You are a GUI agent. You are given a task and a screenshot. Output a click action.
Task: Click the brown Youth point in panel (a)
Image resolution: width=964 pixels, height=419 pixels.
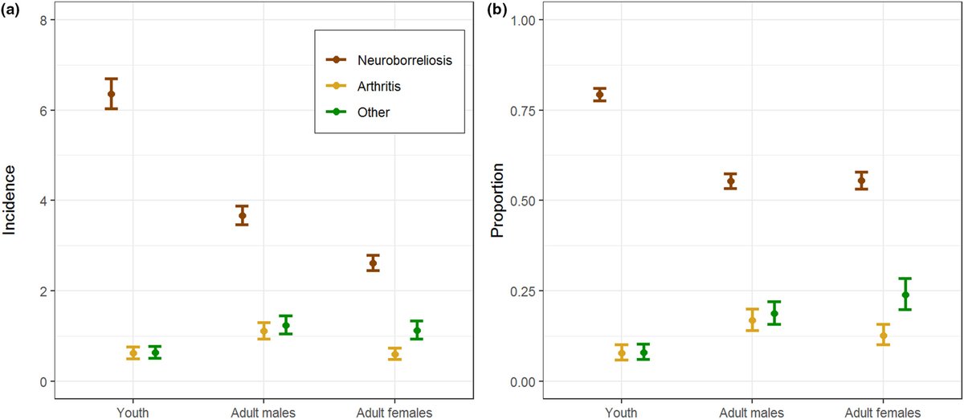pyautogui.click(x=111, y=94)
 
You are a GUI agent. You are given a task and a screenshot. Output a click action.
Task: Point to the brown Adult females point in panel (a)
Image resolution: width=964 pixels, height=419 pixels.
pyautogui.click(x=373, y=262)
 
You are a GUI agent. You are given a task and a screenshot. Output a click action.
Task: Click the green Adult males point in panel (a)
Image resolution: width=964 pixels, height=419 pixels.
pyautogui.click(x=285, y=325)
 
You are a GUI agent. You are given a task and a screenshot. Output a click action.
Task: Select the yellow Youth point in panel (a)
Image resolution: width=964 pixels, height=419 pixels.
pyautogui.click(x=133, y=353)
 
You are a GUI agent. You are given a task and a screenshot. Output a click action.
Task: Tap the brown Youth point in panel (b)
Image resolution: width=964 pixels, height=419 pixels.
pyautogui.click(x=599, y=95)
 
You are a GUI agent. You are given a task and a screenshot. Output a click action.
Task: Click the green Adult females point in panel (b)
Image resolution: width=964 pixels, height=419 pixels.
pyautogui.click(x=905, y=295)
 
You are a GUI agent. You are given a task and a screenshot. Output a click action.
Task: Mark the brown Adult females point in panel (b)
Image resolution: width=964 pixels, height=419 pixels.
pyautogui.click(x=861, y=181)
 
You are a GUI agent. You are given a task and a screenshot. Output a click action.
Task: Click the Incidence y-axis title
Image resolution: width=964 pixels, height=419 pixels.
pyautogui.click(x=10, y=200)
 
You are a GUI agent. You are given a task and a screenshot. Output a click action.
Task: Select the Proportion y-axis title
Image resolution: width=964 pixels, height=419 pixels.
pyautogui.click(x=497, y=200)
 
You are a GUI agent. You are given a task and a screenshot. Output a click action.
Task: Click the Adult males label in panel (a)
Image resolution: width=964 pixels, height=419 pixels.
pyautogui.click(x=263, y=412)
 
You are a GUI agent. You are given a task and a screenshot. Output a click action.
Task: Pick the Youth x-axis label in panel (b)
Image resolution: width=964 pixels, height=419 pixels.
pyautogui.click(x=622, y=412)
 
